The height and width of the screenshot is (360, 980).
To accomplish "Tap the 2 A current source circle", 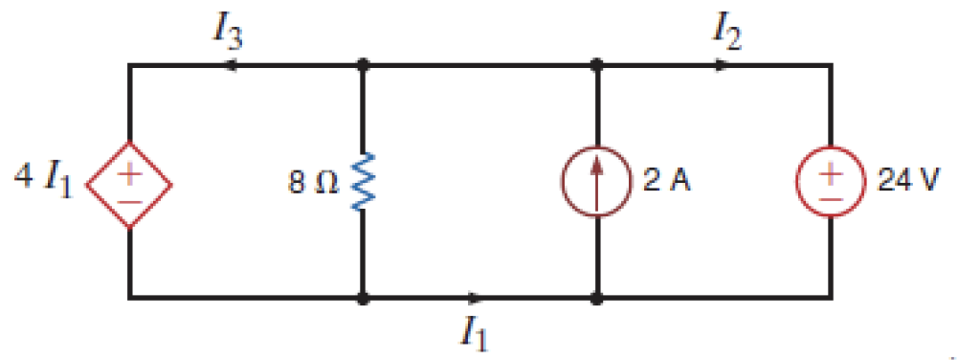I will coord(597,182).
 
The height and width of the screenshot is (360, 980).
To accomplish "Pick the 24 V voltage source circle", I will coord(831,182).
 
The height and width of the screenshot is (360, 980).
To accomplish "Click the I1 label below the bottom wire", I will coord(476,332).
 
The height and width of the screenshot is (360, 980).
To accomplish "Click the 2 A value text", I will coord(665,182).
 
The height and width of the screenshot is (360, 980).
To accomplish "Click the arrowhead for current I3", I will coord(231,66).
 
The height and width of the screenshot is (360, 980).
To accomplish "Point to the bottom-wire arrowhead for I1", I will coord(476,298).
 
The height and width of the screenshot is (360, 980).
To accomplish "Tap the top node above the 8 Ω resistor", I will coord(364,66).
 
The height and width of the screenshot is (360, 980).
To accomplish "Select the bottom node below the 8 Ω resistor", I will coord(364,298).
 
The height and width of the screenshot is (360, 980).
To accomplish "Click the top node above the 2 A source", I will coord(597,66).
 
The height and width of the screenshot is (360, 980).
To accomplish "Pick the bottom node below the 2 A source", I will coord(597,298).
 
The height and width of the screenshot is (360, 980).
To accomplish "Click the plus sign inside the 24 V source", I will coord(831,170).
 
